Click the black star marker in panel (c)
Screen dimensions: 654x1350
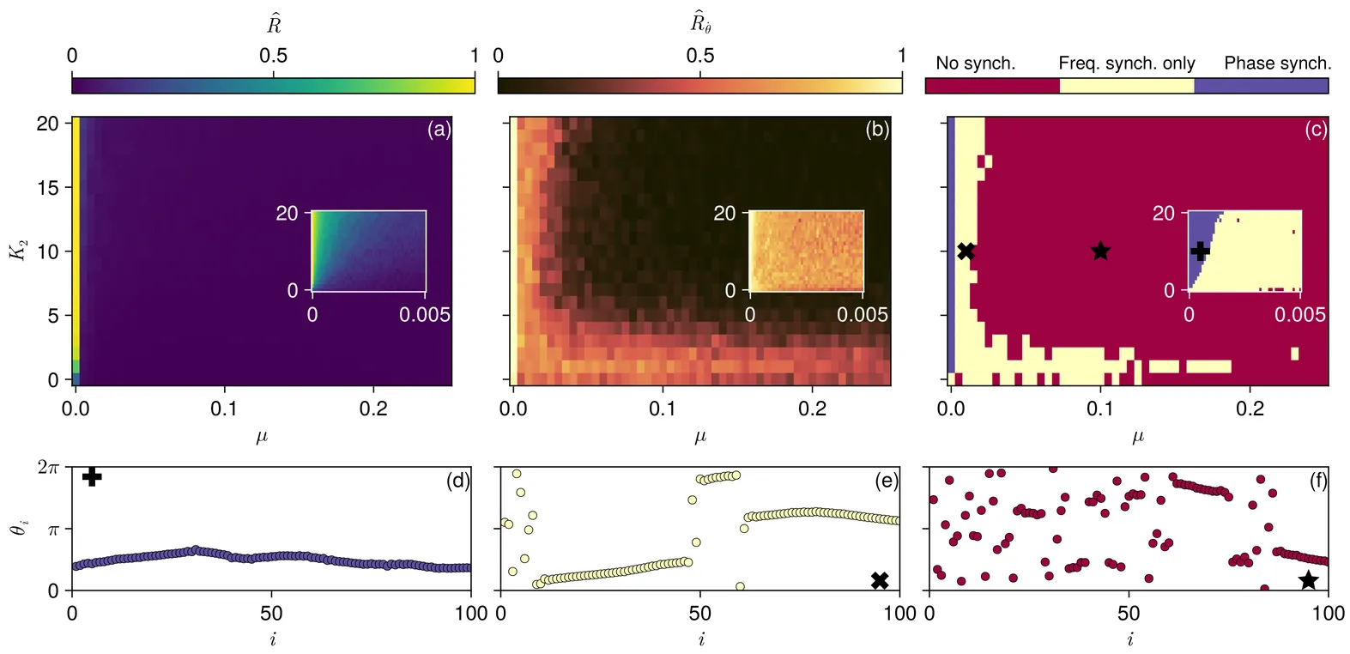click(1100, 251)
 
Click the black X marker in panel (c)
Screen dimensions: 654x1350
click(966, 251)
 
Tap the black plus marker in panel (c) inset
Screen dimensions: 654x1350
click(1200, 251)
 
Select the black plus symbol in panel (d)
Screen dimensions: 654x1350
click(92, 476)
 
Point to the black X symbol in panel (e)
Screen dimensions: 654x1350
click(880, 580)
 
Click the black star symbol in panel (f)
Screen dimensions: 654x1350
click(1308, 580)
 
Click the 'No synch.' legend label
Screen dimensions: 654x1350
click(975, 64)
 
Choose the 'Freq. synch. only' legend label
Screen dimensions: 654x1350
click(1126, 64)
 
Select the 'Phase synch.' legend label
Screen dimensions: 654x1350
click(1277, 64)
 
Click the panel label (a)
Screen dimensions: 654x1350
click(439, 130)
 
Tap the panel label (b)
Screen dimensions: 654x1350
click(877, 130)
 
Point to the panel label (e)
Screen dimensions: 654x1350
click(887, 481)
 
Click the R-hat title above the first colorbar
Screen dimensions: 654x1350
click(274, 25)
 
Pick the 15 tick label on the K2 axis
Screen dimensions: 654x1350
click(47, 187)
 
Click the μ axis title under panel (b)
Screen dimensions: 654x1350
click(700, 436)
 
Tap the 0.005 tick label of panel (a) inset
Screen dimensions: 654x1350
click(425, 315)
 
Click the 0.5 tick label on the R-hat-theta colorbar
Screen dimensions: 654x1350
click(700, 56)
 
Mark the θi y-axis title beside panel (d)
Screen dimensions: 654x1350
click(20, 529)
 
